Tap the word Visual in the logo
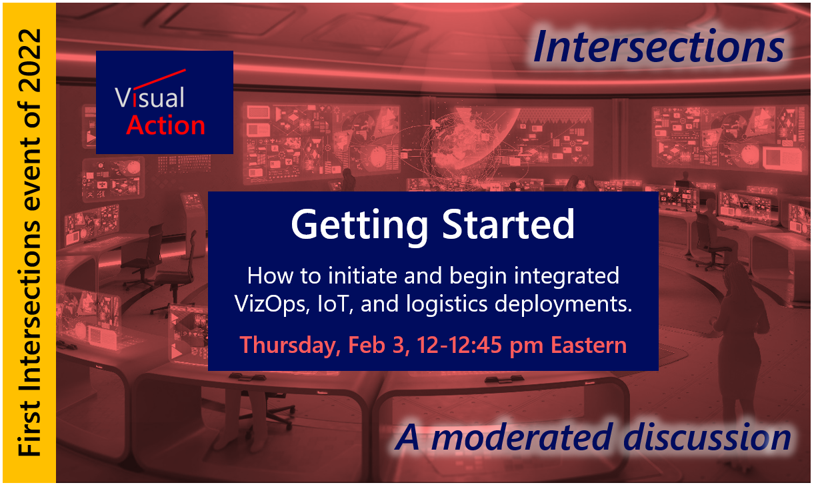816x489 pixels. tap(150, 97)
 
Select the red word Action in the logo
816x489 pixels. tap(166, 125)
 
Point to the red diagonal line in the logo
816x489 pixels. tap(159, 79)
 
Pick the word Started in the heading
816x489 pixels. tap(508, 224)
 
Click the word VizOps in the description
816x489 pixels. tap(271, 304)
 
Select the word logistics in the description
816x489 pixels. tap(447, 304)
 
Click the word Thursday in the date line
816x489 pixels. tap(290, 345)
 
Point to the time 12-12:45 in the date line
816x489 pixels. tap(459, 345)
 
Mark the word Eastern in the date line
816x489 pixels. tap(589, 345)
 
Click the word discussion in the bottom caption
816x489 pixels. tap(707, 438)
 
